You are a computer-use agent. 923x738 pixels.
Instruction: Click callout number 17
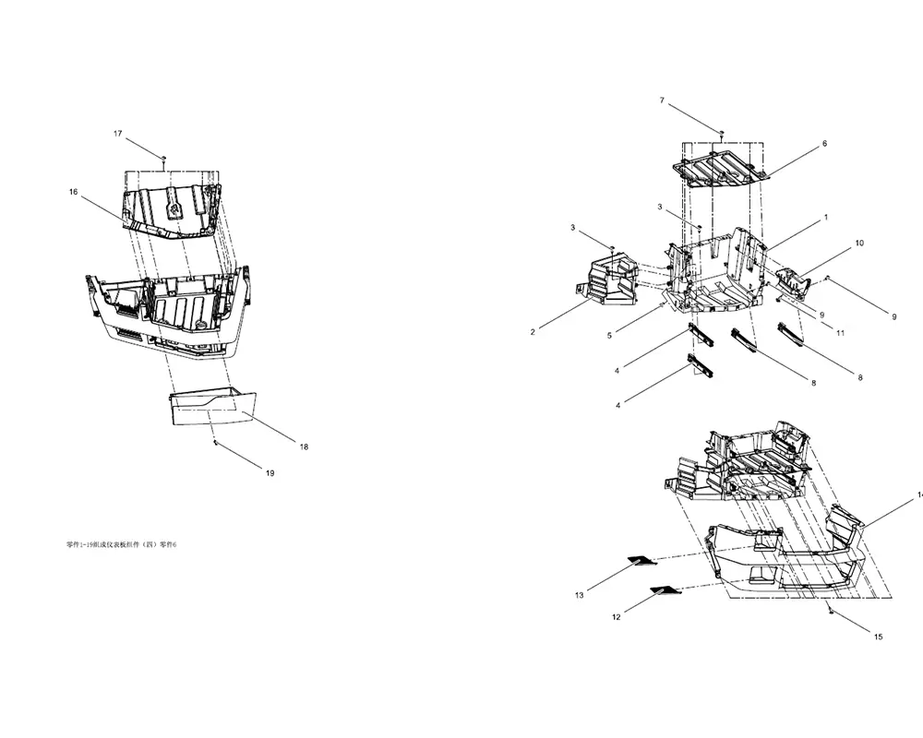117,134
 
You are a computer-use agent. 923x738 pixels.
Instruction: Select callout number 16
73,192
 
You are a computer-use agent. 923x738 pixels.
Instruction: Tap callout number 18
304,446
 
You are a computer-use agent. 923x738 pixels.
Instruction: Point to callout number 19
270,473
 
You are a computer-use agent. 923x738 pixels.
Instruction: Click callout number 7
661,100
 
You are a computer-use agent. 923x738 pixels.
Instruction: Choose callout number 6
824,143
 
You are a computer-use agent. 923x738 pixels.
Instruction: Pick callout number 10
859,243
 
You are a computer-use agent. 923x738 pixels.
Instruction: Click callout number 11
840,333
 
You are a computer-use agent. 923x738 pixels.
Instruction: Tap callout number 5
609,336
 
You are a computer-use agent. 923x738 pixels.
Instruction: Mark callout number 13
579,596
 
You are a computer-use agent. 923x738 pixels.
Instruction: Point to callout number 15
878,637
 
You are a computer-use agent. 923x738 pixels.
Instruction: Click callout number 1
825,218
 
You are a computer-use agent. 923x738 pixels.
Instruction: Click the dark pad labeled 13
641,559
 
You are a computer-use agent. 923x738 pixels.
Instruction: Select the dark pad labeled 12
663,589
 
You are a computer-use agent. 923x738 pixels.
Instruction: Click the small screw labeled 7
722,135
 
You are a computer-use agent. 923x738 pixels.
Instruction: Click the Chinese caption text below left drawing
121,545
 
